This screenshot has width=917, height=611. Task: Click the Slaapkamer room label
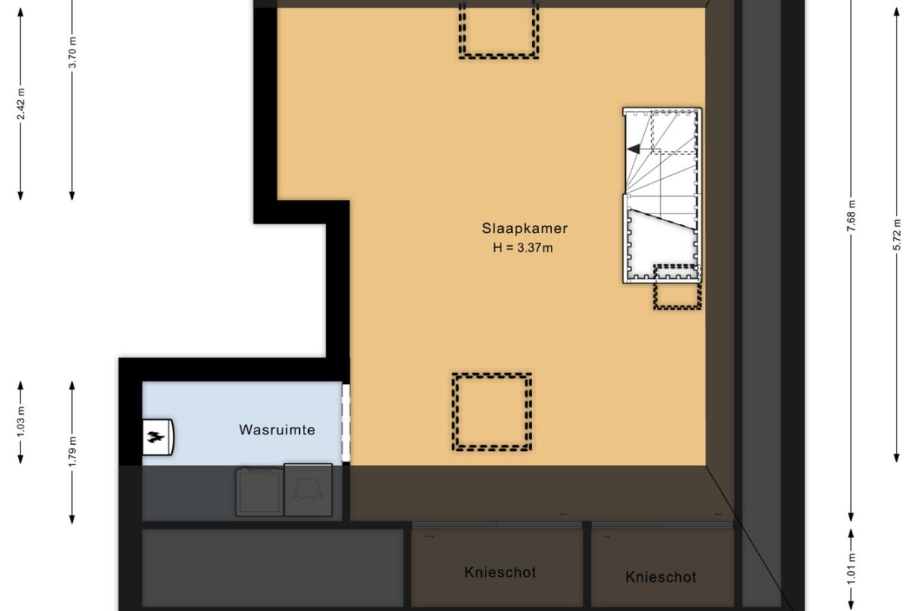[525, 228]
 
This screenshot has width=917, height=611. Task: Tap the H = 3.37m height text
[522, 247]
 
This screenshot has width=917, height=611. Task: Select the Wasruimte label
[277, 430]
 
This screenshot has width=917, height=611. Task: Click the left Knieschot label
[500, 572]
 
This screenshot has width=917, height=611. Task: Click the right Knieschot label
[661, 577]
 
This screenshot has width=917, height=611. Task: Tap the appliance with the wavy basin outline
[308, 490]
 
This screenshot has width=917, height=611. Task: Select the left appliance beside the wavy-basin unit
[259, 492]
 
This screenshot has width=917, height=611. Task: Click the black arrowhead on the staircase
[634, 149]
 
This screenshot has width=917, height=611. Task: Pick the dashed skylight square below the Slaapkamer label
[492, 412]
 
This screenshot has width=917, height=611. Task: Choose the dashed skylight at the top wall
[499, 29]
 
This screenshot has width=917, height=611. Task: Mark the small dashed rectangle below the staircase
[677, 289]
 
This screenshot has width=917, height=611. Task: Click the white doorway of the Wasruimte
[347, 423]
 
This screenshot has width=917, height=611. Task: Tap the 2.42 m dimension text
[21, 104]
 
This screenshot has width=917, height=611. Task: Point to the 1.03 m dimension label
[21, 422]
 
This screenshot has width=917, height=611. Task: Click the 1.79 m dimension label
[72, 452]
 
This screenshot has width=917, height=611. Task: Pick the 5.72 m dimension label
[897, 237]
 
